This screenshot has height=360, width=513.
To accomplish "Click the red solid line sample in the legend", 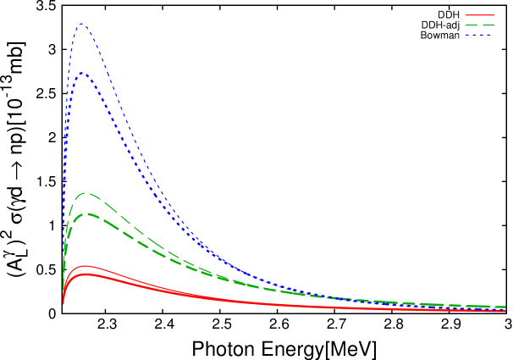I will pos(480,15).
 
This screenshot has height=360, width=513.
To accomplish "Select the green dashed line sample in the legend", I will pos(480,25).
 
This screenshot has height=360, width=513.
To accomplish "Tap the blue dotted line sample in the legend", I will pos(480,35).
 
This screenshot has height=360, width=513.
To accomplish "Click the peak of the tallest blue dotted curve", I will pos(82,24).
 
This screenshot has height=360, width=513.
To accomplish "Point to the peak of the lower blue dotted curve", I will pos(83,73).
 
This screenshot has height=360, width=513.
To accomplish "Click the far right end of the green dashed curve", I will pos(505,307).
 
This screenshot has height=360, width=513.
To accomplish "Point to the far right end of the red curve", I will pos(505,311).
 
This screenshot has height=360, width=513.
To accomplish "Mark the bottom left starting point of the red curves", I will pos(63,303).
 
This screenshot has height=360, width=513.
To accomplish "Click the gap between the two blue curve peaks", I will pos(83,48).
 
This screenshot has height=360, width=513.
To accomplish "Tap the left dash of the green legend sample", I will pos(471,25).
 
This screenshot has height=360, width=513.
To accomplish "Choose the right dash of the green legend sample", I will pos(489,25).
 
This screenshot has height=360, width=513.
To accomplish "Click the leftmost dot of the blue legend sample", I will pos(466,35).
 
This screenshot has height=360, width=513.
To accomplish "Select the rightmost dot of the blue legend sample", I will pos(494,35).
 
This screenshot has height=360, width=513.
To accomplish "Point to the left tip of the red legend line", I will pos(466,15).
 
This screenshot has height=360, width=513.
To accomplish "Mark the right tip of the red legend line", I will pos(495,15).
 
